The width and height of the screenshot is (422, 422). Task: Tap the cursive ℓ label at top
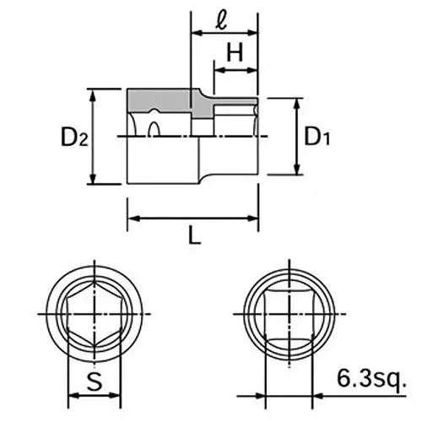click(221, 18)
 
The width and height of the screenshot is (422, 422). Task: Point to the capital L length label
click(194, 237)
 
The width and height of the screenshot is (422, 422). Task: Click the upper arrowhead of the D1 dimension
click(295, 103)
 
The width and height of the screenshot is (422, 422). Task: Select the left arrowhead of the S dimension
click(69, 393)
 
